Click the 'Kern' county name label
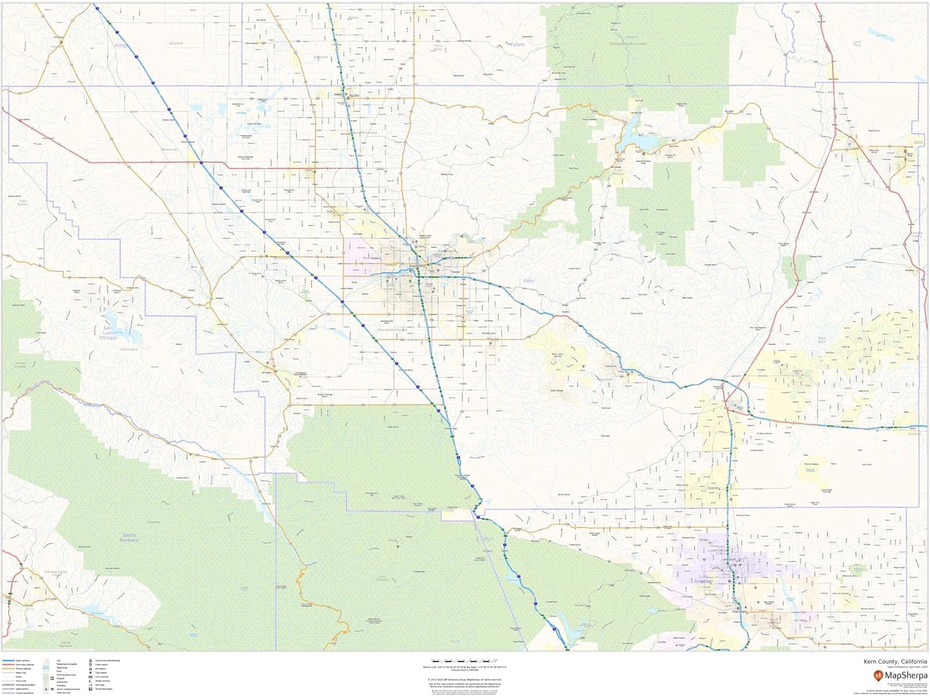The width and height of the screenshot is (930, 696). pos(528,281)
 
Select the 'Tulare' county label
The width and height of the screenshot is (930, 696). pos(516,45)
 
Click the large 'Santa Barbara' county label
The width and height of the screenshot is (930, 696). pos(130,537)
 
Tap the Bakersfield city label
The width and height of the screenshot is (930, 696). pos(417,267)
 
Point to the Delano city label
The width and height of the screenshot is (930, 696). pos(339,95)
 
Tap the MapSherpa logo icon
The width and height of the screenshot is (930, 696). pos(879,676)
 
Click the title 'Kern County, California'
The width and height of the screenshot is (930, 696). pos(895,662)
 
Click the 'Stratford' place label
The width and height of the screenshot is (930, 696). pos(175,43)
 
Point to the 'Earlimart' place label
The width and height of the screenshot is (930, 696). pos(321,57)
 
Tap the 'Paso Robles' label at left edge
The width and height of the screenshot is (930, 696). pos(23,202)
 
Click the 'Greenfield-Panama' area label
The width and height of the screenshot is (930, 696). pos(391,330)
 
